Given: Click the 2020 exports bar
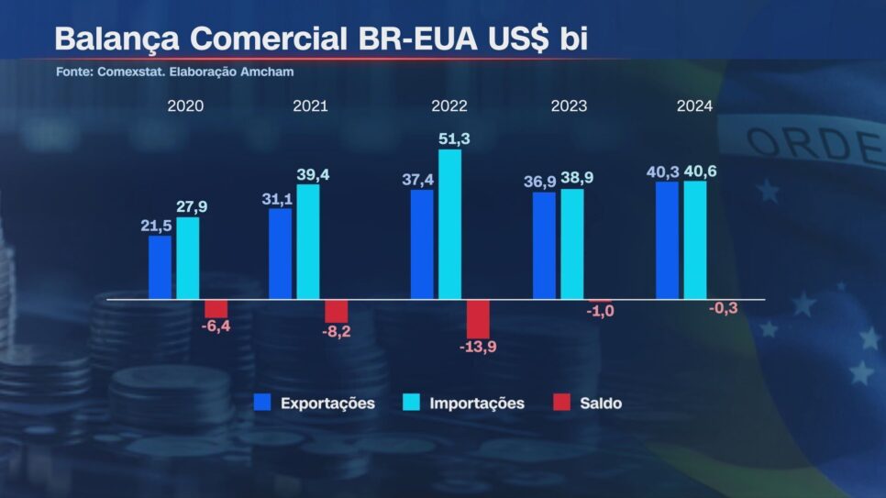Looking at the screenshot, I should coord(161,267).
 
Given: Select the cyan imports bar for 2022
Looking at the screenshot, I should coord(449,224).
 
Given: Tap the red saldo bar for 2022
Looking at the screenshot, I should coord(478,318).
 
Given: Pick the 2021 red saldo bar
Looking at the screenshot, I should coord(337,310).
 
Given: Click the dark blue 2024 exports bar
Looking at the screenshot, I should coord(667,240).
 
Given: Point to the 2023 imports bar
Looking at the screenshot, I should coord(572,244).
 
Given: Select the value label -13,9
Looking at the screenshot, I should coord(478,346).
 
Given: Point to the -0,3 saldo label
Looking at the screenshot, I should coord(724,308).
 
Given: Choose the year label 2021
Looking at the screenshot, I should coord(310,105).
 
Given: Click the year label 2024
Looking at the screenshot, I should coord(694,105).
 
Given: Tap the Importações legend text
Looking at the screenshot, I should coord(477,404).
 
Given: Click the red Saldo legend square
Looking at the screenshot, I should coord(562,403).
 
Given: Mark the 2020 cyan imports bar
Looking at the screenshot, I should coord(188,258).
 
